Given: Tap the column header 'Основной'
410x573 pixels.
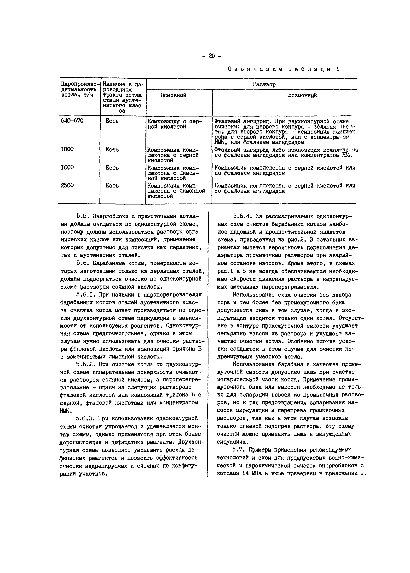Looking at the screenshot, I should pyautogui.click(x=173, y=95).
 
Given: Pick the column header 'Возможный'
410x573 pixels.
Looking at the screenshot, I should pyautogui.click(x=302, y=95).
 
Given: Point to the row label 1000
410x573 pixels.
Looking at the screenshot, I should pyautogui.click(x=67, y=149).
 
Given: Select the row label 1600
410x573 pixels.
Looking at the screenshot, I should pyautogui.click(x=67, y=167).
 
